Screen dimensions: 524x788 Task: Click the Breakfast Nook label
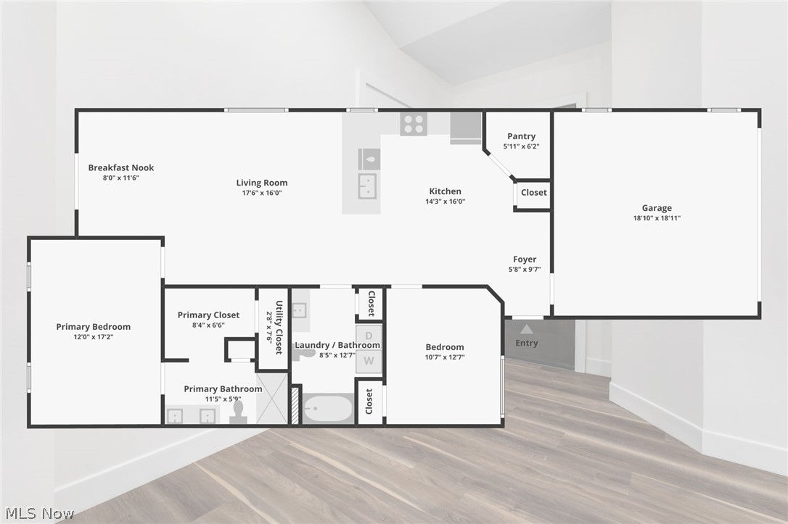[x=121, y=167]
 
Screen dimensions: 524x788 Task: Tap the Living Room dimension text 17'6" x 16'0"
[x=262, y=193]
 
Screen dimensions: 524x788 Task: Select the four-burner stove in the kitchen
[x=414, y=123]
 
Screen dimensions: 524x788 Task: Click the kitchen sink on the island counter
[x=368, y=186]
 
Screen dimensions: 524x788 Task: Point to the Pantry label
[x=521, y=136]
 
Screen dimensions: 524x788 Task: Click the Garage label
[x=657, y=208]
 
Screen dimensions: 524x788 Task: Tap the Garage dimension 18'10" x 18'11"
[x=657, y=218]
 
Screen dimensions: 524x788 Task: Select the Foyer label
[x=525, y=259]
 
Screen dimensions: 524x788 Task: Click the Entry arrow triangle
[x=527, y=329]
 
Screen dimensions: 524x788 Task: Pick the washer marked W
[x=369, y=360]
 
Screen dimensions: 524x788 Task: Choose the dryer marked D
[x=369, y=336]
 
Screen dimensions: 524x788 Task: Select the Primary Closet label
[x=208, y=315]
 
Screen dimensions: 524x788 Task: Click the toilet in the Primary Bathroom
[x=238, y=412]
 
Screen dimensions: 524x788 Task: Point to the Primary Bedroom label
[x=94, y=327]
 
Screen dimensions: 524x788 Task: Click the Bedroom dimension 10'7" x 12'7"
[x=445, y=357]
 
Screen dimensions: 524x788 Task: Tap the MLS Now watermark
[x=38, y=514]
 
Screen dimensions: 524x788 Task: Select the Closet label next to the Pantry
[x=533, y=193]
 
